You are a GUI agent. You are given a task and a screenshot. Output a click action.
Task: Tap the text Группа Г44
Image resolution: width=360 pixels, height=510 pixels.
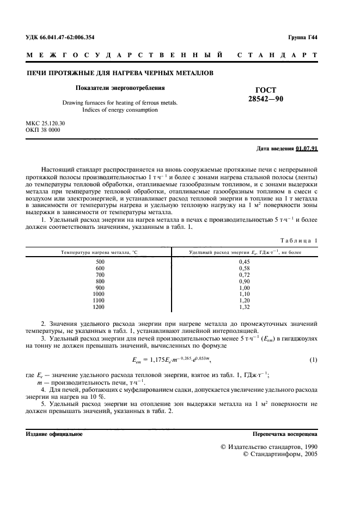pyautogui.click(x=303, y=38)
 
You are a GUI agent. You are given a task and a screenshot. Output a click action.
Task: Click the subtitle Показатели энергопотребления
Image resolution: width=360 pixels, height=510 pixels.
pyautogui.click(x=119, y=87)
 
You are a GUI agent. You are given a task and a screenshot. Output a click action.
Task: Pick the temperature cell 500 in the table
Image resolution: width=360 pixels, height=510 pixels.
pyautogui.click(x=100, y=246)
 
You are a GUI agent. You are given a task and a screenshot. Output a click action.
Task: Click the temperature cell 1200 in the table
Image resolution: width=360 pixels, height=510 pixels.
pyautogui.click(x=99, y=307)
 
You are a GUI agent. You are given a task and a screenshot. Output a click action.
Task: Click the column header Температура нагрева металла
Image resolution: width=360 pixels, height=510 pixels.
pyautogui.click(x=99, y=237)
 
